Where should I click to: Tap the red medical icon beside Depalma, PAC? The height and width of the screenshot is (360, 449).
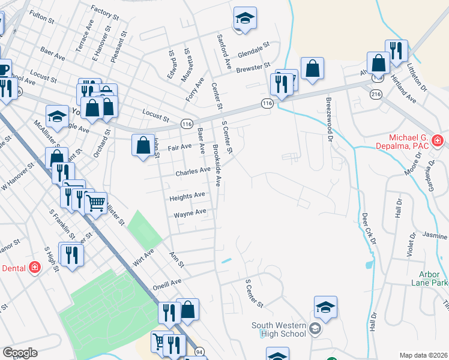point(438,142)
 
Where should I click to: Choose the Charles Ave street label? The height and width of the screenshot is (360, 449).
point(193,171)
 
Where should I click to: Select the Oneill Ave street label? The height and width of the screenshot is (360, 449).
point(167,283)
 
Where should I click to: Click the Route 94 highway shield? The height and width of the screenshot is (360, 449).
point(199,351)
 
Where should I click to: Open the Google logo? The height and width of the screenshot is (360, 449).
point(20,353)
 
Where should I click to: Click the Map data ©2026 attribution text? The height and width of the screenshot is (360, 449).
point(423,355)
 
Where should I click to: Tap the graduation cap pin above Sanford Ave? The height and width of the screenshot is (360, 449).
point(245,18)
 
